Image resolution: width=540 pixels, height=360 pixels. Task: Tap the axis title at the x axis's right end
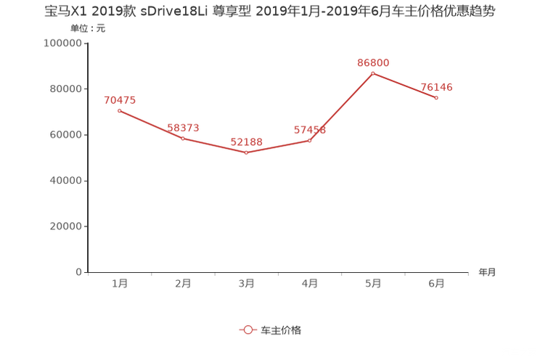click(x=487, y=273)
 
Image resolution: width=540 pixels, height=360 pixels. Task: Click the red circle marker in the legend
click(x=248, y=330)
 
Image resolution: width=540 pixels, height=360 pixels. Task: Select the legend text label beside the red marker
click(x=281, y=330)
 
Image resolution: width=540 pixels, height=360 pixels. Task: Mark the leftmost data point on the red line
click(x=119, y=110)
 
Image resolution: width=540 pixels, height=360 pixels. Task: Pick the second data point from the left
click(x=183, y=138)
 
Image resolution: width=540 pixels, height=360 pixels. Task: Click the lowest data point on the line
click(x=247, y=153)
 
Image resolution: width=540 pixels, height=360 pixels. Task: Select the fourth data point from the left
click(x=311, y=140)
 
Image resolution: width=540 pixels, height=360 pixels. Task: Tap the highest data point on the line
click(x=373, y=73)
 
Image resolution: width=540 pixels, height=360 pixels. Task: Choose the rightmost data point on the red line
click(x=437, y=98)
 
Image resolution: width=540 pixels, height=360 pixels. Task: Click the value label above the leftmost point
click(x=120, y=100)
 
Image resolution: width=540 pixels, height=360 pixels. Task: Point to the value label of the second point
click(x=183, y=128)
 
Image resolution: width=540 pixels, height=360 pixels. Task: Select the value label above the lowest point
click(x=247, y=142)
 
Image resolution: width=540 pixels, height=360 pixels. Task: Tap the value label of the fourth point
click(x=310, y=131)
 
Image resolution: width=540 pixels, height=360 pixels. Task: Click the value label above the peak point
click(x=373, y=62)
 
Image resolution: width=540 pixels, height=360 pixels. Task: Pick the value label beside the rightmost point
click(x=437, y=87)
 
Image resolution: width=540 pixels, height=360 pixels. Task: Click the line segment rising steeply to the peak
click(x=342, y=107)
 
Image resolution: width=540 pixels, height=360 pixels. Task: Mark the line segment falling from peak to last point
click(x=405, y=86)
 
